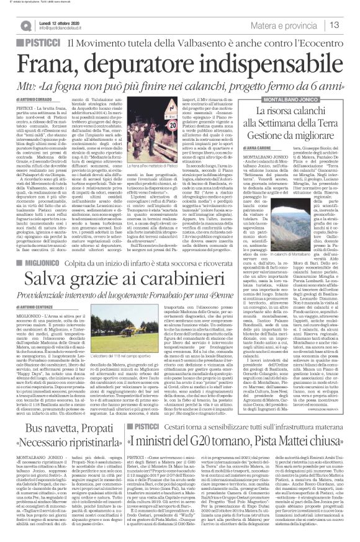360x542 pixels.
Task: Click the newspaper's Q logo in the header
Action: coord(25,24)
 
